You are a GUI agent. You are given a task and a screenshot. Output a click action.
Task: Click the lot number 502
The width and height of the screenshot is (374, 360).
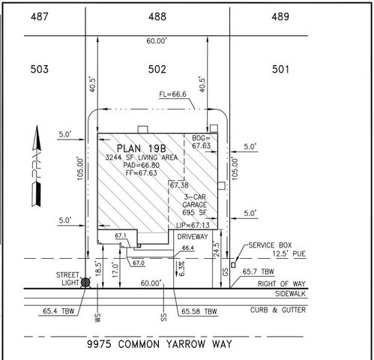pyautogui.click(x=157, y=69)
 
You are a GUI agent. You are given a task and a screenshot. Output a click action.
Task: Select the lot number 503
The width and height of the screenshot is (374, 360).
pyautogui.click(x=40, y=69)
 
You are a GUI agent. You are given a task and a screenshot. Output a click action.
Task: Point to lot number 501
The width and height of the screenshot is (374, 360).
pyautogui.click(x=280, y=69)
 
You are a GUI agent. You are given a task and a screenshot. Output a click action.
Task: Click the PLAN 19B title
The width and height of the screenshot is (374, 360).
pyautogui.click(x=142, y=147)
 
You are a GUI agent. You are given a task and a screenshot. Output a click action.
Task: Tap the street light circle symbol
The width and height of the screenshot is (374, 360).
pyautogui.click(x=85, y=283)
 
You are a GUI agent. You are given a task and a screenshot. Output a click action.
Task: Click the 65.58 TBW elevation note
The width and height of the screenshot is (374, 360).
pyautogui.click(x=199, y=310)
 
